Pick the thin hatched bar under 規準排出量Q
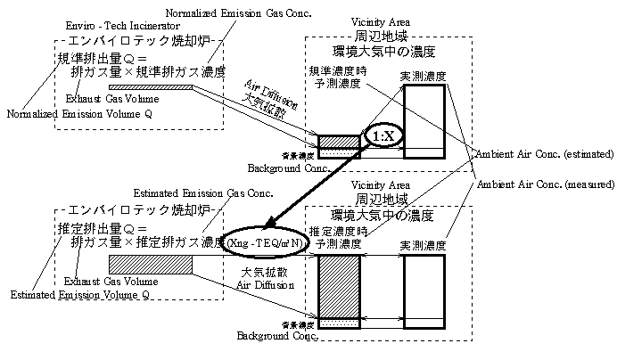[151, 87]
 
